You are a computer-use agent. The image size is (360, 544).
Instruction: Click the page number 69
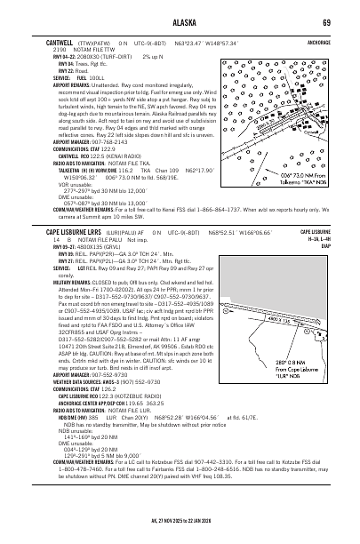(x=326, y=22)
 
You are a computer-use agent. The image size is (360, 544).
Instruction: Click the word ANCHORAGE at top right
(x=316, y=41)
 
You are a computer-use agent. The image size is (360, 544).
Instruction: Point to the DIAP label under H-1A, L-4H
(x=325, y=245)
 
